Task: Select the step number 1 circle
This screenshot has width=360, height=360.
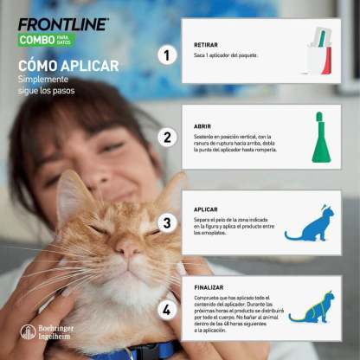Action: [166, 55]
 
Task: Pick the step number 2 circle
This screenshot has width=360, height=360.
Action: [166, 137]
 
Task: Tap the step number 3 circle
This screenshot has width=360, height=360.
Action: [166, 223]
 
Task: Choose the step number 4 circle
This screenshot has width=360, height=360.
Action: [166, 308]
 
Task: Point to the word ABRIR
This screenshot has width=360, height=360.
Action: [203, 125]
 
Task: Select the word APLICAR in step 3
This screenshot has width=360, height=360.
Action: [207, 209]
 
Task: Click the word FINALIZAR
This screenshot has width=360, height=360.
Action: [210, 286]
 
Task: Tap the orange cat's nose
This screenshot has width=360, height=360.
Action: [126, 252]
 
